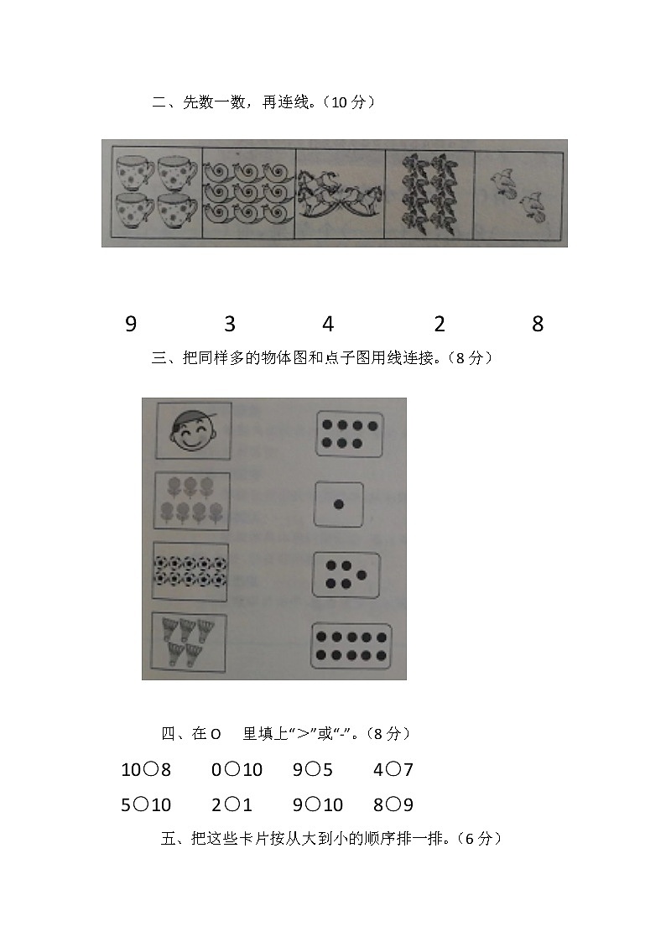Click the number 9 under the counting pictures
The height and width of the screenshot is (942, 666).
130,325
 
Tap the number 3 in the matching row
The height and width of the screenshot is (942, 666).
230,325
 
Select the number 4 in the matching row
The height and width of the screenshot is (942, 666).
328,325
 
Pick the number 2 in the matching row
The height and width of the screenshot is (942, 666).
440,325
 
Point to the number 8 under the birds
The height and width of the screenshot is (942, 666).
538,325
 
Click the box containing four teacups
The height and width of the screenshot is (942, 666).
156,194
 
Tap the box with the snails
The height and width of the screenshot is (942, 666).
249,194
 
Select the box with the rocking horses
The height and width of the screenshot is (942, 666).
340,194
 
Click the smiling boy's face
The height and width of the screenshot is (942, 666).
194,433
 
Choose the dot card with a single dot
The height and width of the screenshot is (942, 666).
339,504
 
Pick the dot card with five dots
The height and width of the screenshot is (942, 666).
346,575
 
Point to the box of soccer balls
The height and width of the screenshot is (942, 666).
190,571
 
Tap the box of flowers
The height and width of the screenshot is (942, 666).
192,500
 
